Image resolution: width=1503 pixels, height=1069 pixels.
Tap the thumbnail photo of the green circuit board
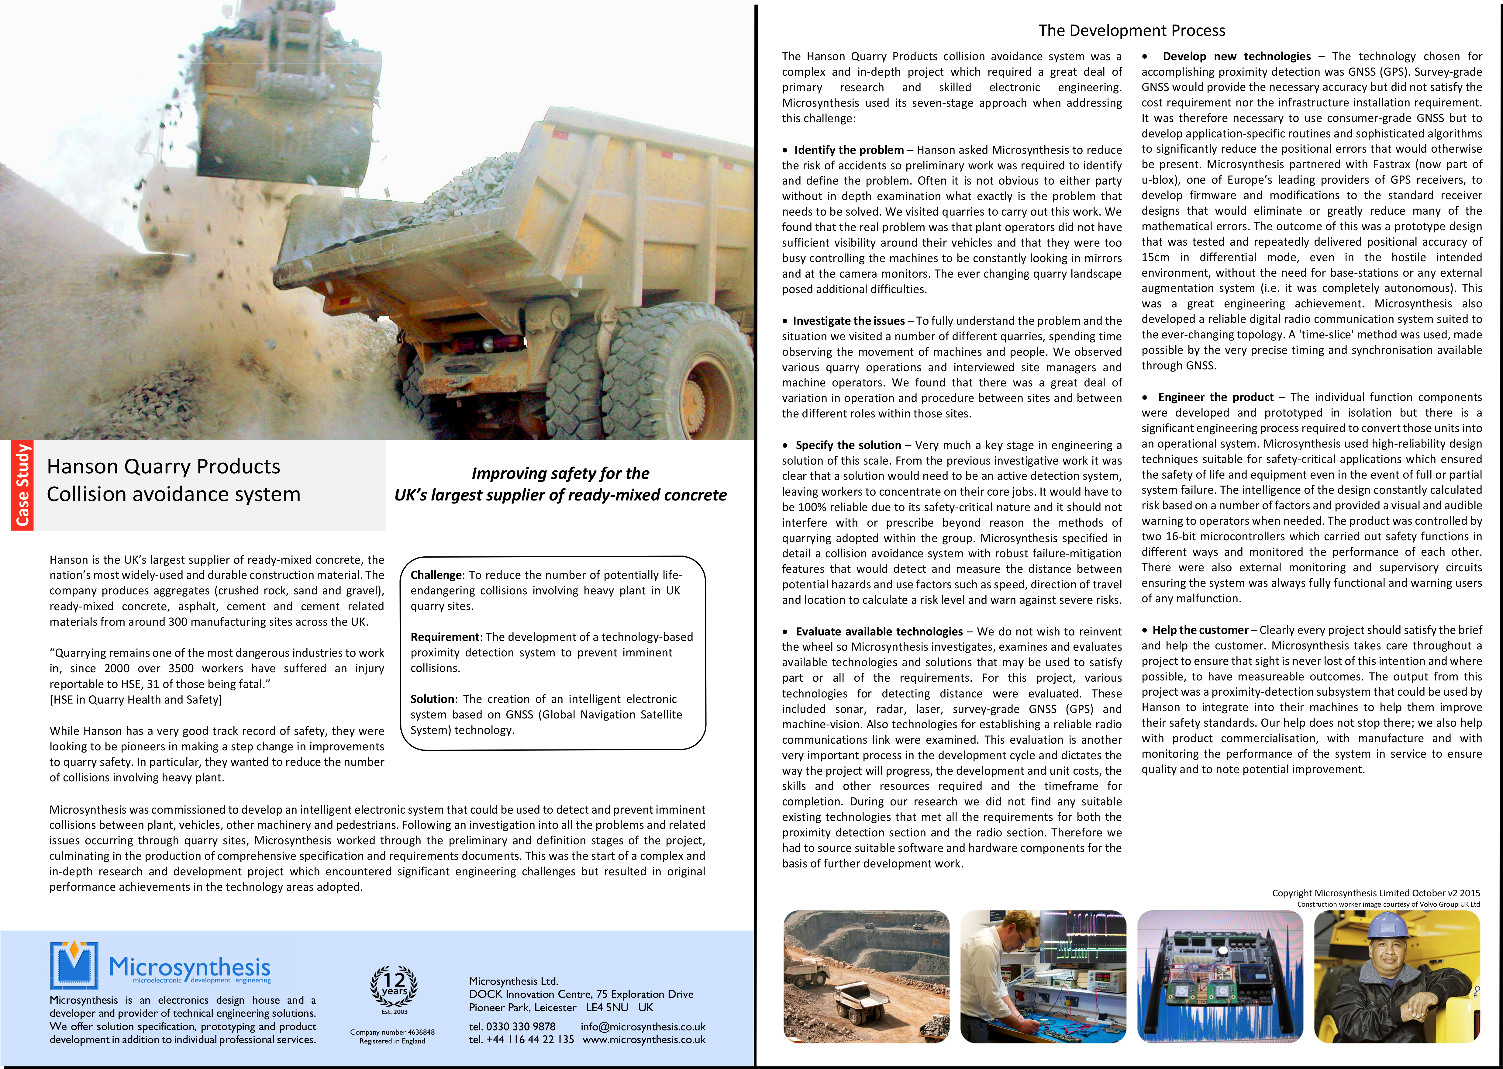click(x=1219, y=977)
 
